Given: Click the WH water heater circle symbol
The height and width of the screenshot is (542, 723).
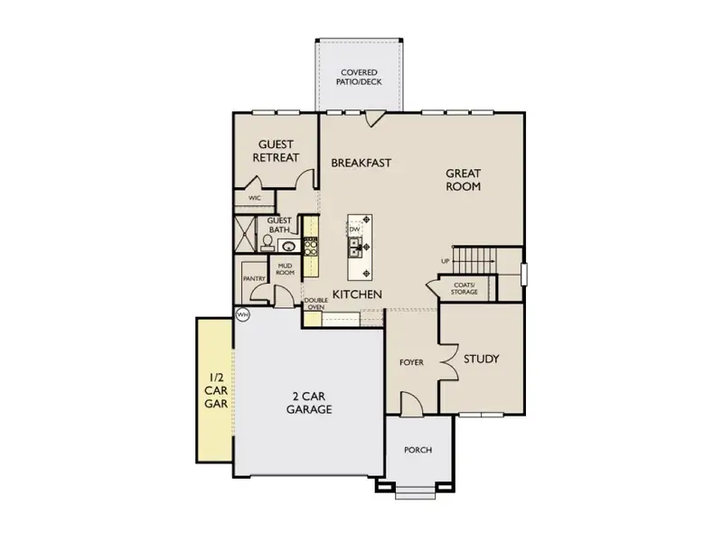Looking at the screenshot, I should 242,314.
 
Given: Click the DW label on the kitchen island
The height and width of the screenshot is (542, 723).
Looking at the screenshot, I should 355,229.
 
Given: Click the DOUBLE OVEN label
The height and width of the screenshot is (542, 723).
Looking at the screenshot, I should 315,304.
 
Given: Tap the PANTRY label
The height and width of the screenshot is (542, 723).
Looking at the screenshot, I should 253,279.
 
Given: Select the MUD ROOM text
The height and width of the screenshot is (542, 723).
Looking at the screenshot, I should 285,268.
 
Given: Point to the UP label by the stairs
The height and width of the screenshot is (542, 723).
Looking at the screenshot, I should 445,262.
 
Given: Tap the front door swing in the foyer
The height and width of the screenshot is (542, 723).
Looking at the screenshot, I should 409,404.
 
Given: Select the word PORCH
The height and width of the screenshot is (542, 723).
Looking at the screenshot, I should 418,450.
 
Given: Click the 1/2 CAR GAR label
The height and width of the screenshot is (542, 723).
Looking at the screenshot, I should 215,391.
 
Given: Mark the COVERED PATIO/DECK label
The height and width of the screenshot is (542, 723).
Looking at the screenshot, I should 359,78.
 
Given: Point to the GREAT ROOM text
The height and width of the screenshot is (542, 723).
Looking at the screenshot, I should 462,180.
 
